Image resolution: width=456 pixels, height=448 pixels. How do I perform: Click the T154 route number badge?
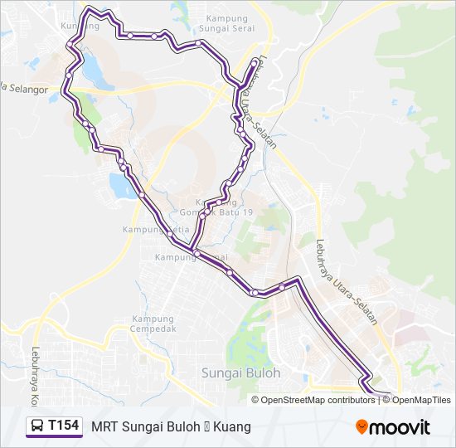pos(64,426)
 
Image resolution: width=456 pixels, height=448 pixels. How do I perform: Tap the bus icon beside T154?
pos(37,426)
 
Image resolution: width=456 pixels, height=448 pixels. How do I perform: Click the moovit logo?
pos(393,427)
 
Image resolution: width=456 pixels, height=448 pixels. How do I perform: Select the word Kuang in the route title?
pos(232,427)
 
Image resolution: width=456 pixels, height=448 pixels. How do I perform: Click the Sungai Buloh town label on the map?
pos(241,373)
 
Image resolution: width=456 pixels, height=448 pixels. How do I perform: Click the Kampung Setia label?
pos(150,229)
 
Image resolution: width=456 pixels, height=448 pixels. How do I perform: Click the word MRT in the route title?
pos(104,427)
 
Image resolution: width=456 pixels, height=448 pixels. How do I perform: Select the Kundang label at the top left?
pos(80,25)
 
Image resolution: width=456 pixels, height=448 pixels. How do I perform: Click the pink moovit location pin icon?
pos(362,426)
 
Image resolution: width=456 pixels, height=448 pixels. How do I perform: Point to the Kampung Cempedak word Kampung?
pos(153,319)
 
